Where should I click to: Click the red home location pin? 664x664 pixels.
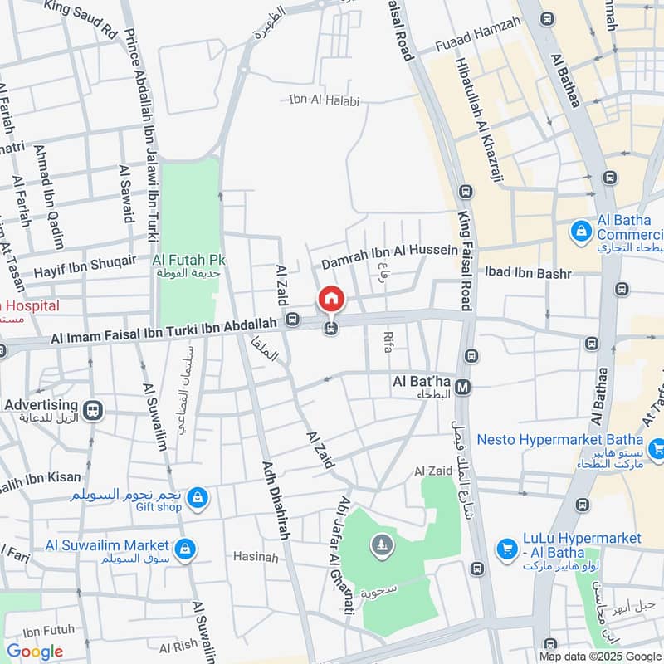pyautogui.click(x=331, y=299)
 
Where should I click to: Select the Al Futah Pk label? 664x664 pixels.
pyautogui.click(x=189, y=260)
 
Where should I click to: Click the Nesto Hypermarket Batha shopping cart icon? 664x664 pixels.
pyautogui.click(x=657, y=449)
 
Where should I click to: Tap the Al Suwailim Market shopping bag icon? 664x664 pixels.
pyautogui.click(x=185, y=548)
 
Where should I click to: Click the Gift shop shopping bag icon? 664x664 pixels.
pyautogui.click(x=197, y=497)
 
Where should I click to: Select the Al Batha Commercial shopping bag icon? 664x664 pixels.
pyautogui.click(x=582, y=229)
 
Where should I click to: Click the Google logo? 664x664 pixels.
pyautogui.click(x=35, y=651)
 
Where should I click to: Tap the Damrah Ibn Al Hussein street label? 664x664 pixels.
pyautogui.click(x=389, y=250)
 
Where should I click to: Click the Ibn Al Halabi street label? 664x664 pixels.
pyautogui.click(x=324, y=101)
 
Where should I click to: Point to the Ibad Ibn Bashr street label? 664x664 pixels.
pyautogui.click(x=529, y=272)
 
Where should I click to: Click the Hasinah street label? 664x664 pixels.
pyautogui.click(x=256, y=557)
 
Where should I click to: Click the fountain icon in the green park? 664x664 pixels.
pyautogui.click(x=381, y=545)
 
